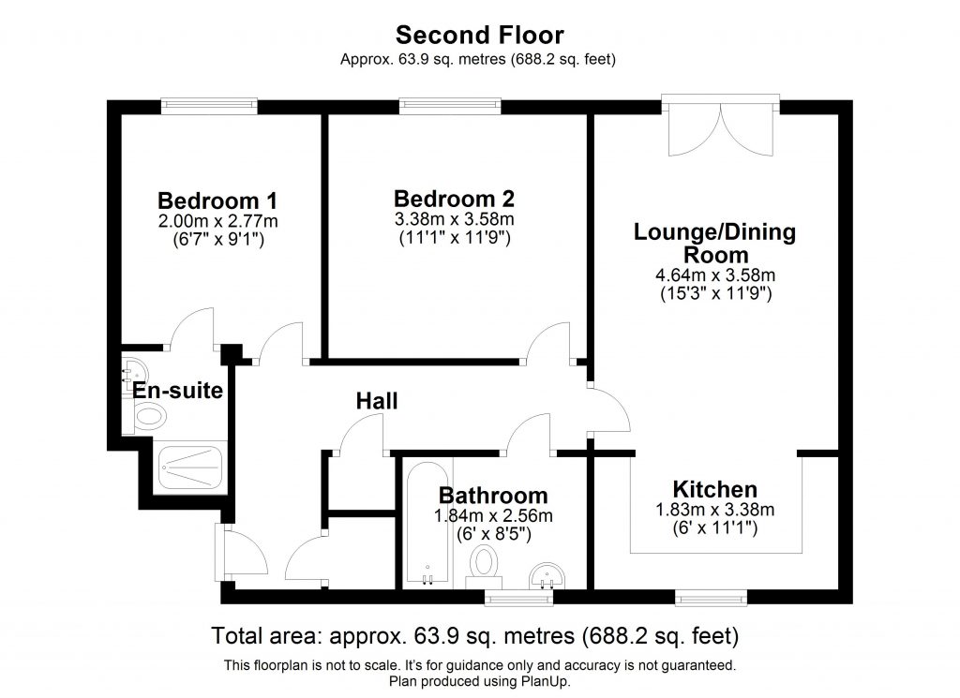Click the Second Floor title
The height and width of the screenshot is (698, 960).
479,36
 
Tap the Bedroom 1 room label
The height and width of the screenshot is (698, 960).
217,200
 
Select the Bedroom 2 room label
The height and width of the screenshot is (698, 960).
454,199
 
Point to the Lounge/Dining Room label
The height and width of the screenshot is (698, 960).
715,243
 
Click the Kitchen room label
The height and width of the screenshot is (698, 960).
714,489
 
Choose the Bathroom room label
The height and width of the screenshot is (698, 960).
493,496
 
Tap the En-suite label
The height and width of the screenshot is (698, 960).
177,391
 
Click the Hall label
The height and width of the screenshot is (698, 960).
377,401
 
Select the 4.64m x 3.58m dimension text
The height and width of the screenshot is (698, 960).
715,275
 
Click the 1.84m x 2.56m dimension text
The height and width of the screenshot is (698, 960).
493,515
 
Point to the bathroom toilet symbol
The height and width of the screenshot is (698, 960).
485,565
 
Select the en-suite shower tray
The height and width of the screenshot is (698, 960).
190,466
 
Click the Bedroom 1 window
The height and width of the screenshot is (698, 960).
209,106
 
